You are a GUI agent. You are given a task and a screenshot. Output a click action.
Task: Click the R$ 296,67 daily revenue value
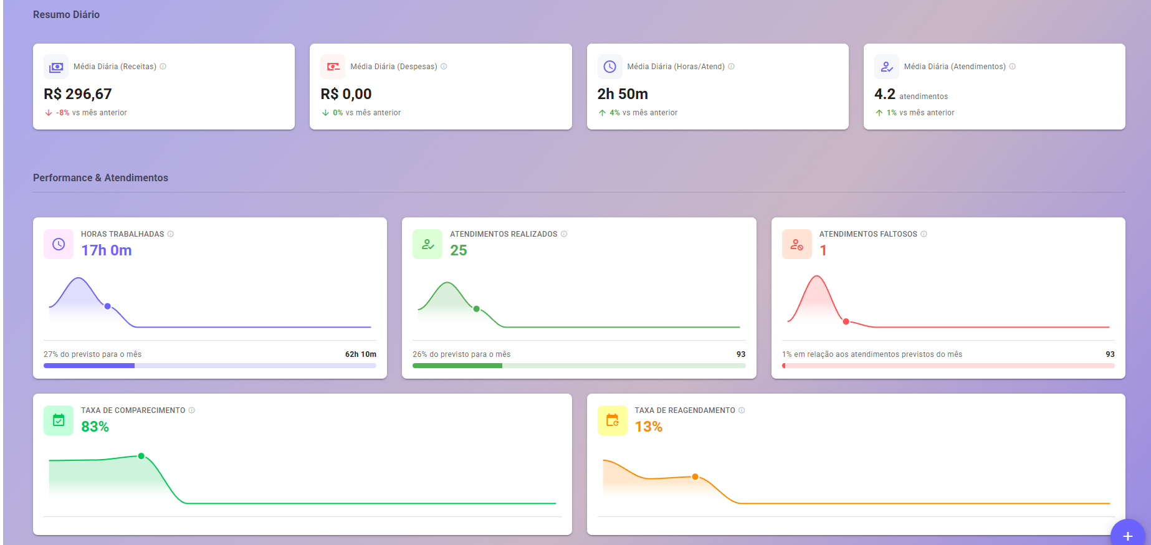(78, 94)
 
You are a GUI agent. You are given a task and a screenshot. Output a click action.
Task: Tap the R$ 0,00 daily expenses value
(346, 94)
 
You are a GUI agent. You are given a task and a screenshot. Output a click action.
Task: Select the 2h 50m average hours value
(623, 94)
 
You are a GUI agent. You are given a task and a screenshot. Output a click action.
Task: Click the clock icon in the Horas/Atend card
(609, 67)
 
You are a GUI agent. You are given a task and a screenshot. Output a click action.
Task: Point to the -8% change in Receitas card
(62, 113)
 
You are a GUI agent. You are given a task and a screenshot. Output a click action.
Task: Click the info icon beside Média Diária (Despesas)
(444, 67)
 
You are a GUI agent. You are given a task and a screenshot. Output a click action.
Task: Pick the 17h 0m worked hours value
(107, 250)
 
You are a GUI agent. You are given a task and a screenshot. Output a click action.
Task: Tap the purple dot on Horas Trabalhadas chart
(108, 306)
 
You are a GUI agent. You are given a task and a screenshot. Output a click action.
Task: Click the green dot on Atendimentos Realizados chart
(477, 309)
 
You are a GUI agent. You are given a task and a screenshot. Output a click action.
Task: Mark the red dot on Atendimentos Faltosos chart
(846, 321)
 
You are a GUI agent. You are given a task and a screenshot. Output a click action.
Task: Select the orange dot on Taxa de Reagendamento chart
(695, 476)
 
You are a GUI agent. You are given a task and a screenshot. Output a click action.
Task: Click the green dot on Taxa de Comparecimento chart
(141, 456)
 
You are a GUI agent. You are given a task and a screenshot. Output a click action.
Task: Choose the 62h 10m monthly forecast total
(360, 354)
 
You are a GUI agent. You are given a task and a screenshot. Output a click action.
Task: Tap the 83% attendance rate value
(95, 427)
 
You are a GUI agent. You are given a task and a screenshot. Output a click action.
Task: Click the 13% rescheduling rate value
(649, 427)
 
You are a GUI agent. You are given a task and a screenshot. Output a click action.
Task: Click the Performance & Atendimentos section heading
(100, 178)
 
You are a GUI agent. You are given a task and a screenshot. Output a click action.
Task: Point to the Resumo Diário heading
(66, 15)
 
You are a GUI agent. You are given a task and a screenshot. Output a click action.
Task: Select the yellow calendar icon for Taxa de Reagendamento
(613, 420)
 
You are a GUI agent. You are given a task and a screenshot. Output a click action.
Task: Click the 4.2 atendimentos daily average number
(884, 94)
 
